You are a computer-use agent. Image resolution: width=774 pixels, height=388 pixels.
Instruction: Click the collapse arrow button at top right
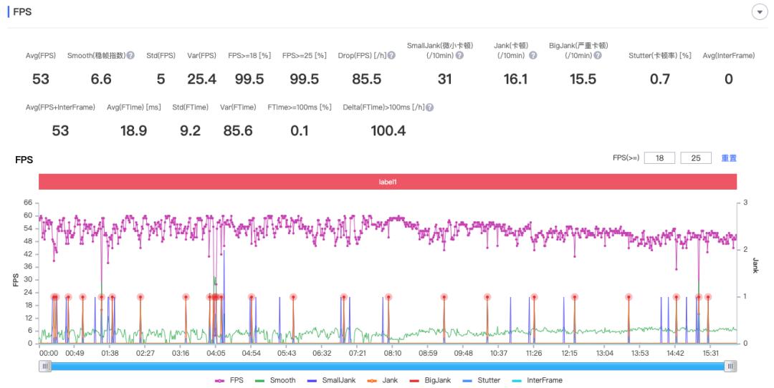[x=759, y=12]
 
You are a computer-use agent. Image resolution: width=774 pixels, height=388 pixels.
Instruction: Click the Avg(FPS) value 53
[x=40, y=79]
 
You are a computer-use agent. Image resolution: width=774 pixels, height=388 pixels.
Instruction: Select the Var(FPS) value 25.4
[x=201, y=79]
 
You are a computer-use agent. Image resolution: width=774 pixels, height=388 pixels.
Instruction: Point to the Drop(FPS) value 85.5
[x=366, y=79]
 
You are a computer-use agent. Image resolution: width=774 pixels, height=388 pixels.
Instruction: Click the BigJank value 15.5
[x=583, y=79]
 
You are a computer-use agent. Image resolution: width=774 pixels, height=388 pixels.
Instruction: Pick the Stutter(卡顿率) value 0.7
[x=659, y=79]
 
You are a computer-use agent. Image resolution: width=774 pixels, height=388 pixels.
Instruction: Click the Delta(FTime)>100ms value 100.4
[x=388, y=131]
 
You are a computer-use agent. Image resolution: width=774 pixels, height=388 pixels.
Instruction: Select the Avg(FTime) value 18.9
[x=133, y=131]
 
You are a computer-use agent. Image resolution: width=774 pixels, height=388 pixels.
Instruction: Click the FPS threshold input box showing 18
[x=659, y=158]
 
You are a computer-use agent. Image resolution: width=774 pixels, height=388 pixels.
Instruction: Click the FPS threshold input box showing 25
[x=695, y=158]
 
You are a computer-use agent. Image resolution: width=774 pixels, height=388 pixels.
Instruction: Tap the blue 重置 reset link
[x=729, y=158]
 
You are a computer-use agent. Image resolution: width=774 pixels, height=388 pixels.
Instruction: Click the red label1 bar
[x=388, y=182]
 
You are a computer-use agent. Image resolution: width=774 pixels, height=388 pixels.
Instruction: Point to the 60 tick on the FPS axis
[x=29, y=215]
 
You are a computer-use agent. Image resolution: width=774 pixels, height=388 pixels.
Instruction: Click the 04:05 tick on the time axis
[x=216, y=353]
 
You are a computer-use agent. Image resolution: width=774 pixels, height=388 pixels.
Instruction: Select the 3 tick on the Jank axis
[x=745, y=203]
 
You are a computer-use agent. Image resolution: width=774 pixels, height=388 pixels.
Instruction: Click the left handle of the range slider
[x=46, y=366]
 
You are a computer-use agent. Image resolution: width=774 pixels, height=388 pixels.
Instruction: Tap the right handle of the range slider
[x=730, y=366]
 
